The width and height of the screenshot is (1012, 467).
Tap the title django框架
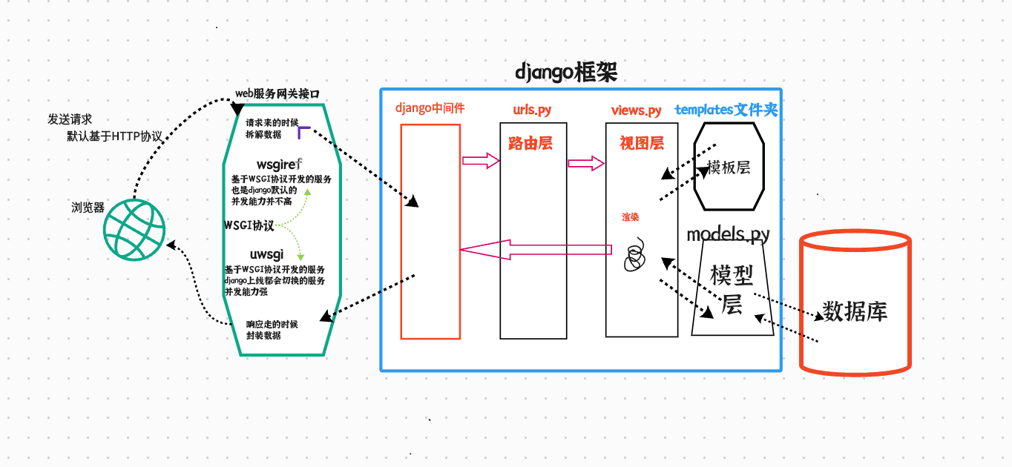point(566,73)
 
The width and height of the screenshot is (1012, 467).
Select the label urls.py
point(532,110)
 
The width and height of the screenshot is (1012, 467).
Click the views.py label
point(636,110)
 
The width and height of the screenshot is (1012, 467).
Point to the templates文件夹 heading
point(726,110)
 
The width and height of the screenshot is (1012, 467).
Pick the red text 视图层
point(642,143)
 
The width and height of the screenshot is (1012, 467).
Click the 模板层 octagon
point(728,168)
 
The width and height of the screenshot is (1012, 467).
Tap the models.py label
point(728,235)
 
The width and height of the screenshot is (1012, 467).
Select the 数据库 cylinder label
point(855,311)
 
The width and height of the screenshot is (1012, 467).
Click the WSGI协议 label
point(249,225)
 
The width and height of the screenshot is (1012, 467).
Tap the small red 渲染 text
point(630,217)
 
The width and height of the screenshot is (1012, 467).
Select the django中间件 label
point(430,108)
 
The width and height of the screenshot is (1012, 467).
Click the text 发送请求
point(70,119)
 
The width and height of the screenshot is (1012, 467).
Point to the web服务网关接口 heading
point(277,93)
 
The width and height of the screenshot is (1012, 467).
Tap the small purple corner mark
point(303,133)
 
